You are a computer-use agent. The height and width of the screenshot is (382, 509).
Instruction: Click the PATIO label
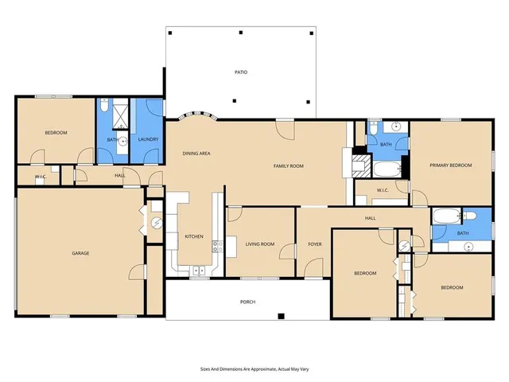coord(240,72)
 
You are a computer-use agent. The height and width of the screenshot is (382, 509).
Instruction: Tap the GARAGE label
coord(80,253)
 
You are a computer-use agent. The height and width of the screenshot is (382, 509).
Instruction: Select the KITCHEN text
coord(194,236)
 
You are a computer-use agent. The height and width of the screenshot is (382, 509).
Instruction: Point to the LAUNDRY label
coord(149,140)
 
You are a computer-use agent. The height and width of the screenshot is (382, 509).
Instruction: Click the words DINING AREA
coord(196,153)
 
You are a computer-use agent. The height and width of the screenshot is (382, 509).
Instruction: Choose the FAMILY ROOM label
coord(289,166)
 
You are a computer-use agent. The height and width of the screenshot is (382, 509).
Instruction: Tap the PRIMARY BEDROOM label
coord(451,166)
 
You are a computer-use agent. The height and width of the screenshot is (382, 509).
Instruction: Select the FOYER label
coord(314,244)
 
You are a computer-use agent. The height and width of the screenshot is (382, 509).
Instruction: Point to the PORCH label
coord(247,302)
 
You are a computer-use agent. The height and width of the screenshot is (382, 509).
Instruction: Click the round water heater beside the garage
coord(156,223)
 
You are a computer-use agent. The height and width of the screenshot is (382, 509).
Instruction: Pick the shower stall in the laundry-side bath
coord(119,116)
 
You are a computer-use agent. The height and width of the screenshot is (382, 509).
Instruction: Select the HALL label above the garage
coord(119,176)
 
